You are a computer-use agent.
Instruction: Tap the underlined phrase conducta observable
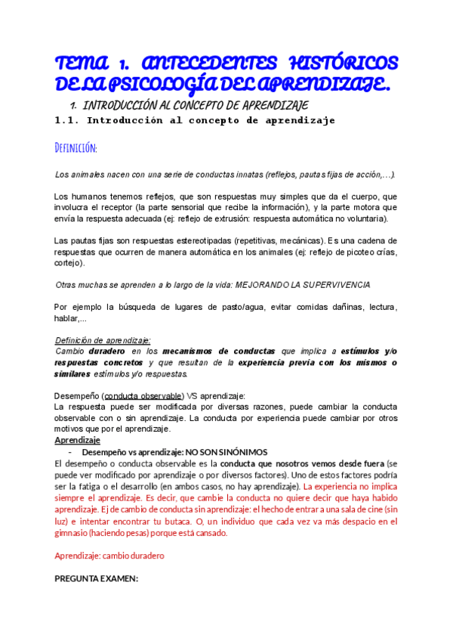pyautogui.click(x=143, y=395)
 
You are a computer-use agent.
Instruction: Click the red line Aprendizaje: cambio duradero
pyautogui.click(x=109, y=556)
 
